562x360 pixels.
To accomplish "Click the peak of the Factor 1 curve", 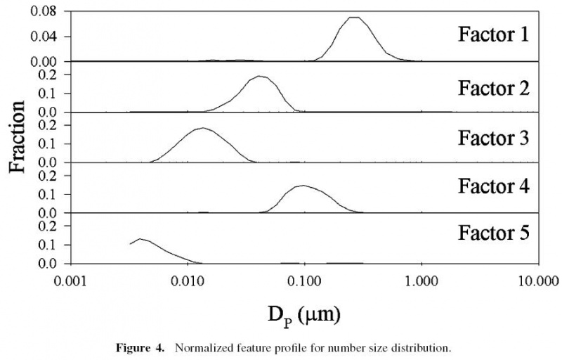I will pos(355,17).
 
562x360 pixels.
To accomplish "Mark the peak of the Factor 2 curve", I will pos(261,76).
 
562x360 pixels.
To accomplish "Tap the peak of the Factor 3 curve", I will pos(203,128).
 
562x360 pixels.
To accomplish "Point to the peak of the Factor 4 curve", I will pos(303,186).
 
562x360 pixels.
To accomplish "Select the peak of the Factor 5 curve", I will pos(141,239).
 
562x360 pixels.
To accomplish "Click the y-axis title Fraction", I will pos(19,137).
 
